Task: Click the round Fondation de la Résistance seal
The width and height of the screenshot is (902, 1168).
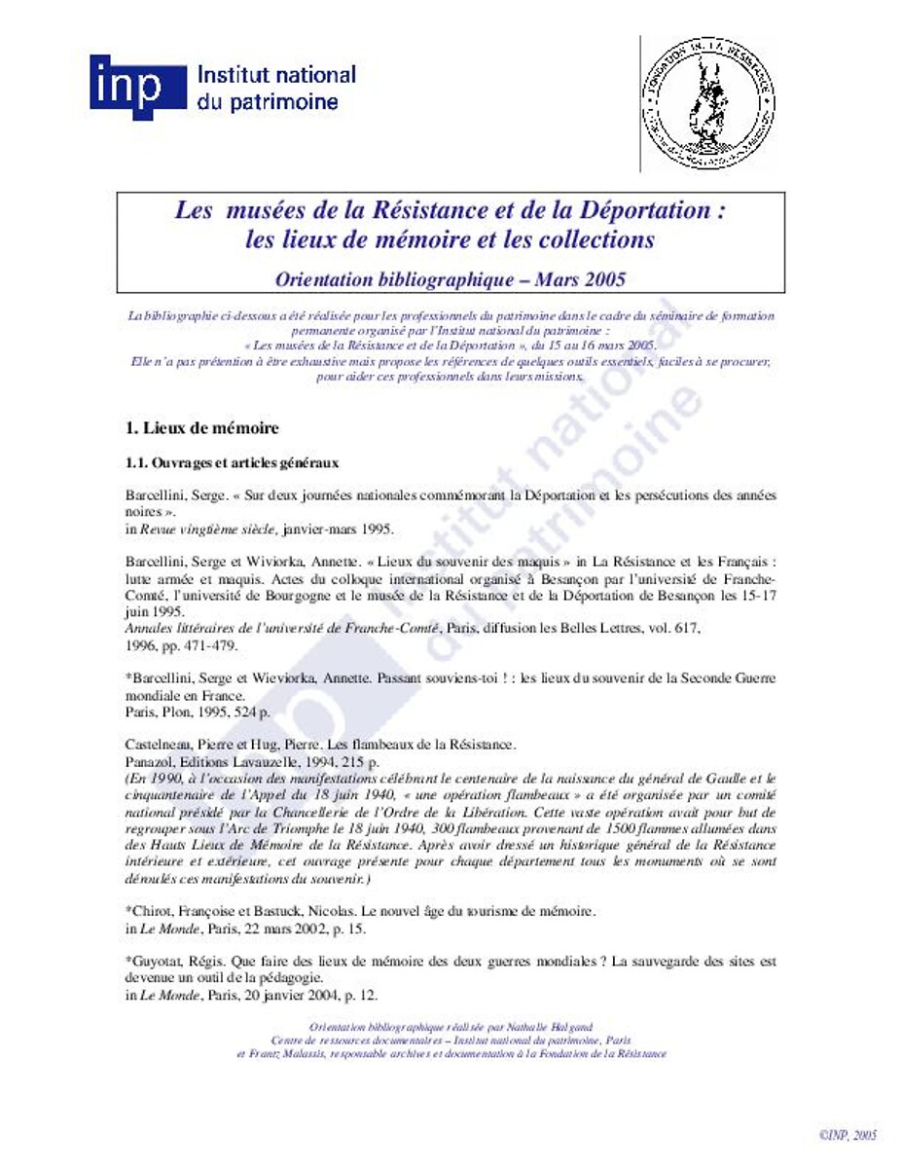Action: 707,102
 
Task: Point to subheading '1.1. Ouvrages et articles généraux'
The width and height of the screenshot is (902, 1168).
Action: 233,462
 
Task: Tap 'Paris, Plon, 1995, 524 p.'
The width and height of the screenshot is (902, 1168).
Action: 199,712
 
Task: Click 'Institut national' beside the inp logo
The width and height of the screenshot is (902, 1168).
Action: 276,75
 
